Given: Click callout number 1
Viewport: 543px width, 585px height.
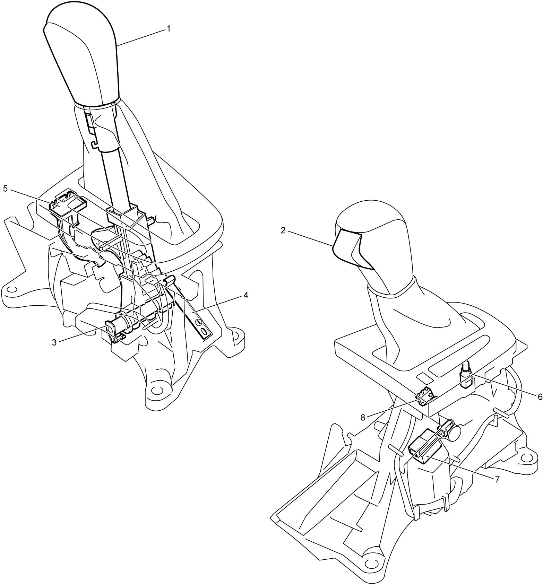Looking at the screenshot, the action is coord(169,29).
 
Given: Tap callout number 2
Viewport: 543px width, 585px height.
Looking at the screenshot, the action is coord(283,230).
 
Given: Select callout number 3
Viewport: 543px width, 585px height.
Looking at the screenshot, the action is coord(54,342).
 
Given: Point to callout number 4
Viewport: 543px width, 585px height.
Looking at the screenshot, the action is coord(245,295).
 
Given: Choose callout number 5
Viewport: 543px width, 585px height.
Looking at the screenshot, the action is coord(5,188).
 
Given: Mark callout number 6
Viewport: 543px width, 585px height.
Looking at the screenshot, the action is coord(540,397).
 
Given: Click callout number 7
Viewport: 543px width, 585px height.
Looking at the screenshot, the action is coord(497,479).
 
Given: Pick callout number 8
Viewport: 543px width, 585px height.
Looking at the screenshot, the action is coord(363,417).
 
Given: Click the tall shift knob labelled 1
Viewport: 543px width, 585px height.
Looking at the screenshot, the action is coord(81,55).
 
